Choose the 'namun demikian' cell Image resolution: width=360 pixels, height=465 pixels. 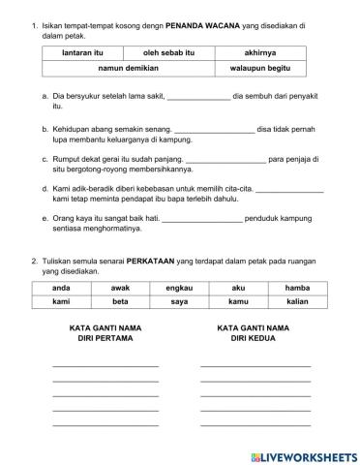pos(126,71)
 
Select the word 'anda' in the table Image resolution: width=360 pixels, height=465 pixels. pos(61,289)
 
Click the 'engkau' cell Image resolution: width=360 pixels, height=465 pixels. pos(179,289)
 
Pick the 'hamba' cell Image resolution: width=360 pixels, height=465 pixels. pos(297,289)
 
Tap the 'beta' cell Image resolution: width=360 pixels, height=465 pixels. pos(120,304)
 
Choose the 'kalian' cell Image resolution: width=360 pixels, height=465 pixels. pos(297,304)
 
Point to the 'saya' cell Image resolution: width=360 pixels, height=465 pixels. pos(179,304)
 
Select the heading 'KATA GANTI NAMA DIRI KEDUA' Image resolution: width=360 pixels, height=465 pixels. pos(255,334)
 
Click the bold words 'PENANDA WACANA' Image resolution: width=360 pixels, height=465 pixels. pos(205,25)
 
